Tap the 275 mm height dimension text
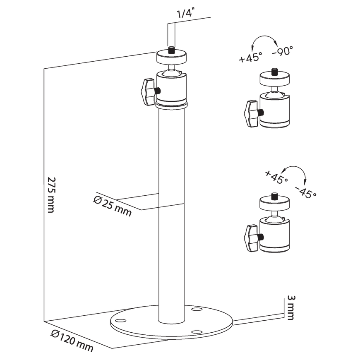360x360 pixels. [51, 195]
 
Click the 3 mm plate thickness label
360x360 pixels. [291, 307]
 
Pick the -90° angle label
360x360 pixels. [283, 51]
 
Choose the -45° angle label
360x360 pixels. [306, 192]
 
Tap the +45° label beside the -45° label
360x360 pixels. [276, 177]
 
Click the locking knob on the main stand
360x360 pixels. [148, 92]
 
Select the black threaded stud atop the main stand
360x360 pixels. [171, 50]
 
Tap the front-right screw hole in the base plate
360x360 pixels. [197, 332]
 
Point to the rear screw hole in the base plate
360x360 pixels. [197, 310]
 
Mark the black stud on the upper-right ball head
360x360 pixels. [274, 72]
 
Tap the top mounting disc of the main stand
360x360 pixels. [171, 57]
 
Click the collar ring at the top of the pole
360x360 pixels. [171, 105]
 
